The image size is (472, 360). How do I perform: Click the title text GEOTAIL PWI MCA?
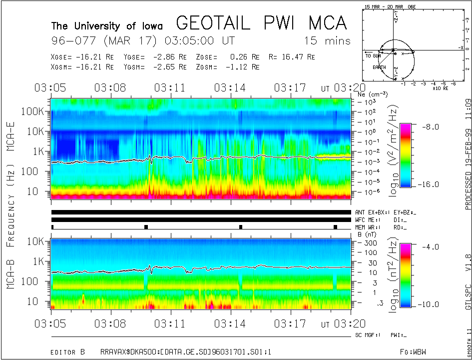261,23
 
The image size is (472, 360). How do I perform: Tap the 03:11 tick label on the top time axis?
170,88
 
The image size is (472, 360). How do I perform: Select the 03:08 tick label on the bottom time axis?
111,323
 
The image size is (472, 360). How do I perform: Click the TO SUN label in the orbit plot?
373,56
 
